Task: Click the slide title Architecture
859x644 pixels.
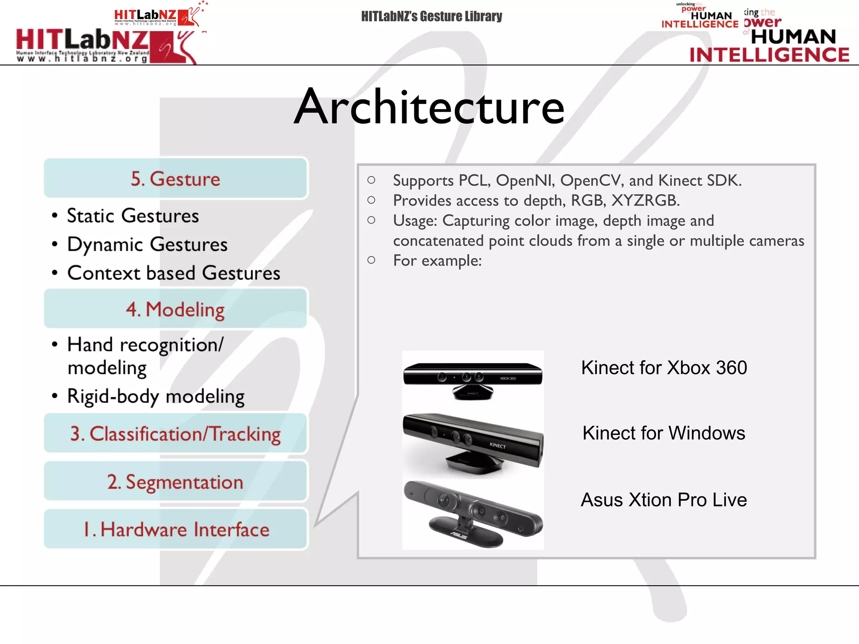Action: coord(429,107)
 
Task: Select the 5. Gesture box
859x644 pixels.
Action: coord(175,179)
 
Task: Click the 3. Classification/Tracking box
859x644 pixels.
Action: coord(175,434)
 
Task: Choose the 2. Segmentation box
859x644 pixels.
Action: coord(175,482)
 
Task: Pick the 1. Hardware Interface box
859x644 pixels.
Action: coord(175,529)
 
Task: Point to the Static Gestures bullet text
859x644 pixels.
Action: coord(133,216)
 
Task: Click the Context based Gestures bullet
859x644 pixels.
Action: coord(173,273)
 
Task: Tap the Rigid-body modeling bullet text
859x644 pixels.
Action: coord(156,396)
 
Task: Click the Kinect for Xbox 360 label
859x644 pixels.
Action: coord(664,368)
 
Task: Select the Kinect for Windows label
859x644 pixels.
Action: coord(664,433)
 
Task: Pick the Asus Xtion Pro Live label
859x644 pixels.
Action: coord(664,500)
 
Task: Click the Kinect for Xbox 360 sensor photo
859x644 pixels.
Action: coord(473,379)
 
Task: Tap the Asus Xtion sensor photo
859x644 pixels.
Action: coord(473,514)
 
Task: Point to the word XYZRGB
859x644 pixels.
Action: coord(645,201)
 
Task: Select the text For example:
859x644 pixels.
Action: coord(437,261)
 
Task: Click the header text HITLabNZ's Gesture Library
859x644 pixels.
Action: coord(431,16)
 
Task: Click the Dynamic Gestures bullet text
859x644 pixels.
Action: coord(147,244)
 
